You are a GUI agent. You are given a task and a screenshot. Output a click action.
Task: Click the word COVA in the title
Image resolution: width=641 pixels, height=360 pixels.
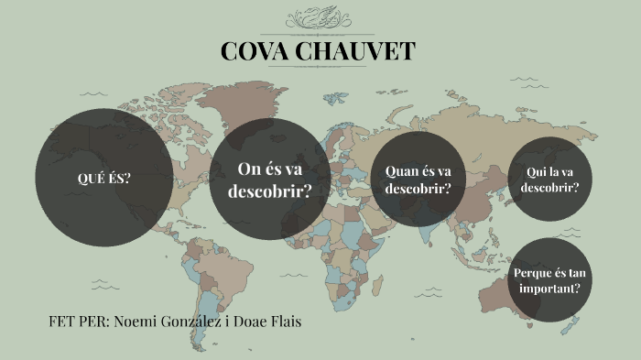[252, 51]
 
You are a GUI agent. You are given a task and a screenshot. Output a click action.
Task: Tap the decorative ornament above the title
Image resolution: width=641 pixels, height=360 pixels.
[318, 19]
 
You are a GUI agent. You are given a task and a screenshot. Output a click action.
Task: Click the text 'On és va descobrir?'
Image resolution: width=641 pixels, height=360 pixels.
[269, 180]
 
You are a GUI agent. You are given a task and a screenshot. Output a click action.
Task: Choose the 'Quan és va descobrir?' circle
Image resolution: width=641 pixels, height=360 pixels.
[418, 180]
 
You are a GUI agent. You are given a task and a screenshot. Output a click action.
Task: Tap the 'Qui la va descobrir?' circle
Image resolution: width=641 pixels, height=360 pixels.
[549, 179]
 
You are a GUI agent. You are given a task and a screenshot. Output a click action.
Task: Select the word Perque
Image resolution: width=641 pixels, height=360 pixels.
[532, 272]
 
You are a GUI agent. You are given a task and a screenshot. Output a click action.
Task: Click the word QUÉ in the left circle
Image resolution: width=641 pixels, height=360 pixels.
[90, 177]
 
